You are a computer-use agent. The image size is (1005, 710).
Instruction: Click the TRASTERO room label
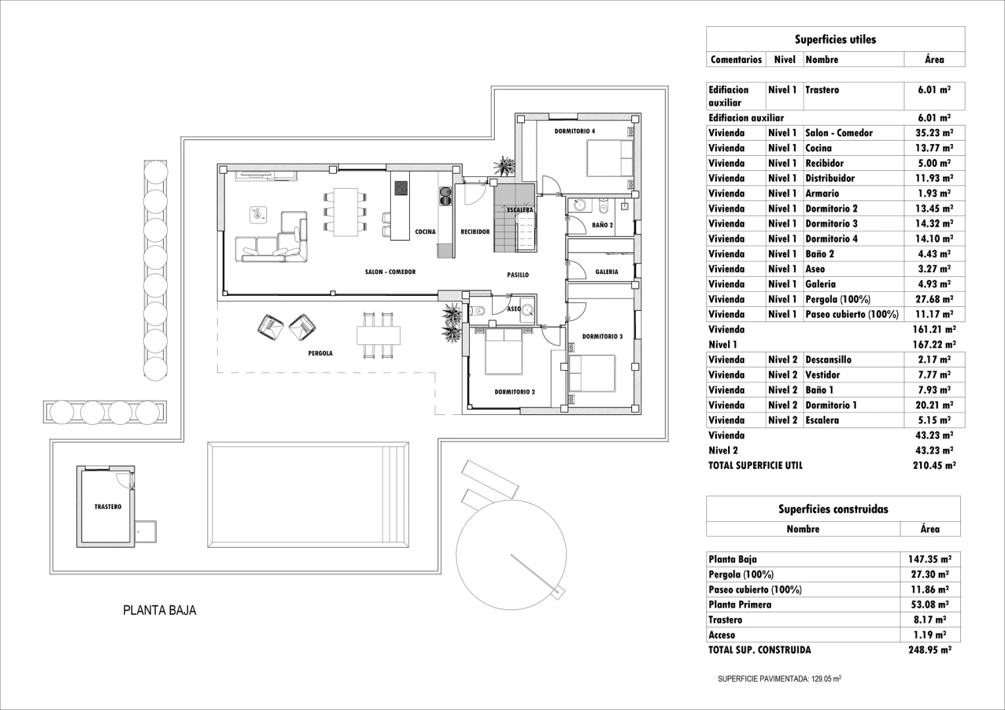click(x=107, y=507)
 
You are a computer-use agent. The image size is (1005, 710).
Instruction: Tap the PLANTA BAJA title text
click(x=159, y=610)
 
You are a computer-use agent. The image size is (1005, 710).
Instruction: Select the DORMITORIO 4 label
click(x=574, y=131)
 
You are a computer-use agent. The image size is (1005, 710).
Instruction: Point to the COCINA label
click(x=425, y=232)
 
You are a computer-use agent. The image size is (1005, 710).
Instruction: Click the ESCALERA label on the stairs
click(x=520, y=210)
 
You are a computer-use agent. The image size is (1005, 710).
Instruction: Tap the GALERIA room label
click(x=606, y=272)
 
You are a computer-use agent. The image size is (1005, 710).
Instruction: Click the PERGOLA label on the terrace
click(x=320, y=353)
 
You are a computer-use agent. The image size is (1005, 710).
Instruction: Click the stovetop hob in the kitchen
click(x=401, y=189)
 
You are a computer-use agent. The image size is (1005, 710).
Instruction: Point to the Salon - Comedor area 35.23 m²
click(x=933, y=133)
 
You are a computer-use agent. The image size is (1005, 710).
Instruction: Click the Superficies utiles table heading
click(x=835, y=39)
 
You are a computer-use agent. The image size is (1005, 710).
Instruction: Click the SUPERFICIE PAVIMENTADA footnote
click(x=779, y=680)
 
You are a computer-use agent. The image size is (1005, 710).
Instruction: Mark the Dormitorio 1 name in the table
click(x=831, y=405)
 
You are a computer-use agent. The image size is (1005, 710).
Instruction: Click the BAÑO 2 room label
click(x=602, y=225)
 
